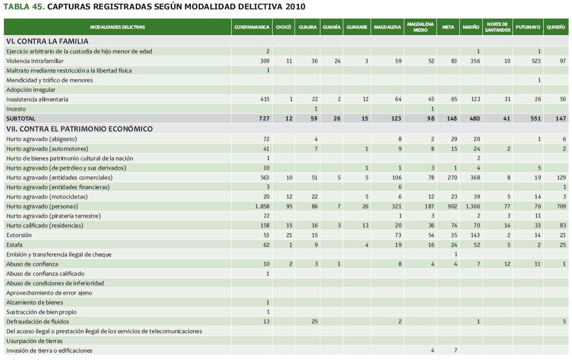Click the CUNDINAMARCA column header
click(252, 27)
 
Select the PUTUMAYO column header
click(528, 27)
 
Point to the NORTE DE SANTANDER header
click(497, 27)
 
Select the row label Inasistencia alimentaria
click(37, 100)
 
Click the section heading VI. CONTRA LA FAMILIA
click(47, 41)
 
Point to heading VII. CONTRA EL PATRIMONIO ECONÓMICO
click(79, 129)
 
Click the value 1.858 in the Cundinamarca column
click(262, 206)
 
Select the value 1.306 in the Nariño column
click(472, 206)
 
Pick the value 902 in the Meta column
click(452, 206)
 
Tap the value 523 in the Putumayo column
click(535, 61)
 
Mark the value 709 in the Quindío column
click(561, 206)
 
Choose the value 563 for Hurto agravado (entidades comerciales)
click(264, 178)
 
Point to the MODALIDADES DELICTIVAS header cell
click(117, 27)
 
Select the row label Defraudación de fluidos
click(38, 321)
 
